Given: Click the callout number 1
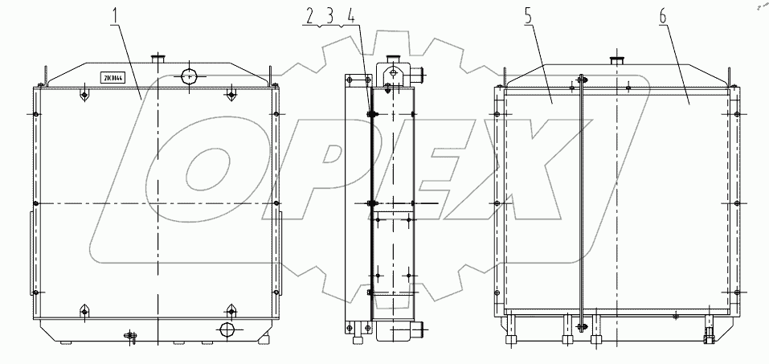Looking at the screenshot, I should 115,14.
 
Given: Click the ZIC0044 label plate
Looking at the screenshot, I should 112,77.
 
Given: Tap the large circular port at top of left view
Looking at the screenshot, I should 188,76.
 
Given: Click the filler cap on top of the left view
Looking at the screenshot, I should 157,59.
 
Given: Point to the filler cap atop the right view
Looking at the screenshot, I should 618,60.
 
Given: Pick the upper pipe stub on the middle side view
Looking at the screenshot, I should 418,75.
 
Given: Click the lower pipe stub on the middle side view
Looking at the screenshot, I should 419,328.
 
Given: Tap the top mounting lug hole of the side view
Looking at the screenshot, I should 392,72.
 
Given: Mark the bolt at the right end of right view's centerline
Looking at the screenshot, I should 738,202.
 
